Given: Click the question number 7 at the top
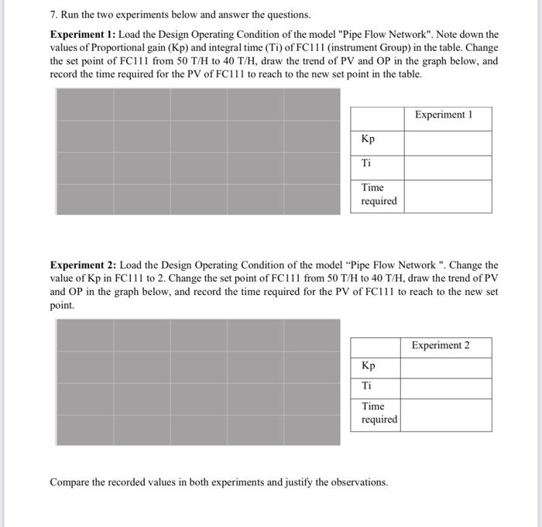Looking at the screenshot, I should point(53,15).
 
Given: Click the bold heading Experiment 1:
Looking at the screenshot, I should point(82,35).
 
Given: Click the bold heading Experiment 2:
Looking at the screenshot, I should point(82,265).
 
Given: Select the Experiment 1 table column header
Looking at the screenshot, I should point(443,115).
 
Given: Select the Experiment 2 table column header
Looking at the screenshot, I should point(441,345).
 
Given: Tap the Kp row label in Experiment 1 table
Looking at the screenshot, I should point(368,139).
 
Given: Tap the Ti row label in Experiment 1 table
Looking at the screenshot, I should point(366,163).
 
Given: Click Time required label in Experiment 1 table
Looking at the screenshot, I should point(378,194).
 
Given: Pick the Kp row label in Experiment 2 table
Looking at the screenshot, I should point(368,366).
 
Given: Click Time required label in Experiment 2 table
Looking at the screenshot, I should point(378,412).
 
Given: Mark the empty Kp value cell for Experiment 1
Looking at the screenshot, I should point(447,142).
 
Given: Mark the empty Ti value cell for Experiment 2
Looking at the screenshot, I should point(446,388).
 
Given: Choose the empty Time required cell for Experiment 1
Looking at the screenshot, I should point(447,196).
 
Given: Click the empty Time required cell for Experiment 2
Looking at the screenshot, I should point(446,415).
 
